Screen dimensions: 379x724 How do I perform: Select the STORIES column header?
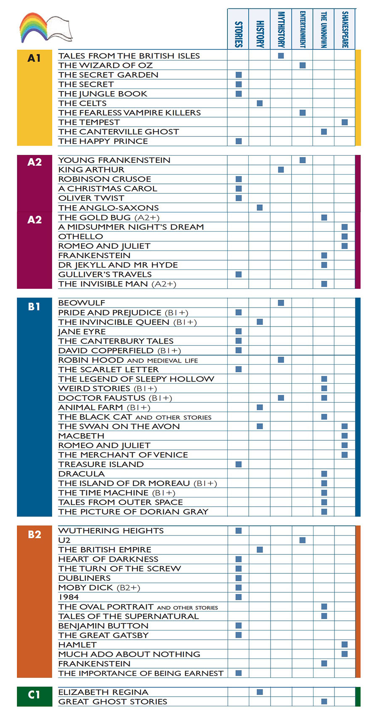tap(238, 34)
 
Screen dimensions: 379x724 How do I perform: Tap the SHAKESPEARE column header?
tap(345, 29)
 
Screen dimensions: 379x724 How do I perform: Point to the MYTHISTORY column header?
tap(281, 29)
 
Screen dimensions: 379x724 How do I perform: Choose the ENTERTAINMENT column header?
tap(303, 29)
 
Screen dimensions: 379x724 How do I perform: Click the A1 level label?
tap(34, 58)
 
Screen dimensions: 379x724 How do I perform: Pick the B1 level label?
tap(34, 307)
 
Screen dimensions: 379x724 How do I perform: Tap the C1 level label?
tap(34, 695)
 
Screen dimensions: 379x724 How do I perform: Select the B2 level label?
tap(34, 534)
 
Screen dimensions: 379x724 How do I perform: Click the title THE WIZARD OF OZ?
tap(105, 65)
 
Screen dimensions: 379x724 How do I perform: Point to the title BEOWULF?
tap(82, 303)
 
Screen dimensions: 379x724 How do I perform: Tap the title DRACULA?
tap(82, 473)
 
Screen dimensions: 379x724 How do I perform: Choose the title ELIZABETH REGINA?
tap(103, 692)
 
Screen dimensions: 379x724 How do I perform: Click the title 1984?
tap(68, 597)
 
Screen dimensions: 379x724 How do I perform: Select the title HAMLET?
tap(77, 645)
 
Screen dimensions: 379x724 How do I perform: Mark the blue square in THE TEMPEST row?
tap(345, 122)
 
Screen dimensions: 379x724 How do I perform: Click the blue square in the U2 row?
tap(303, 540)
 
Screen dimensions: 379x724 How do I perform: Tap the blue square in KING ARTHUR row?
tap(281, 170)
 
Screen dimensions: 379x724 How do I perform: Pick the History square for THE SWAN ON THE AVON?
tap(260, 426)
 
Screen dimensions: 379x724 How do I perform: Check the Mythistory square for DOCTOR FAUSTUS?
tap(281, 397)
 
